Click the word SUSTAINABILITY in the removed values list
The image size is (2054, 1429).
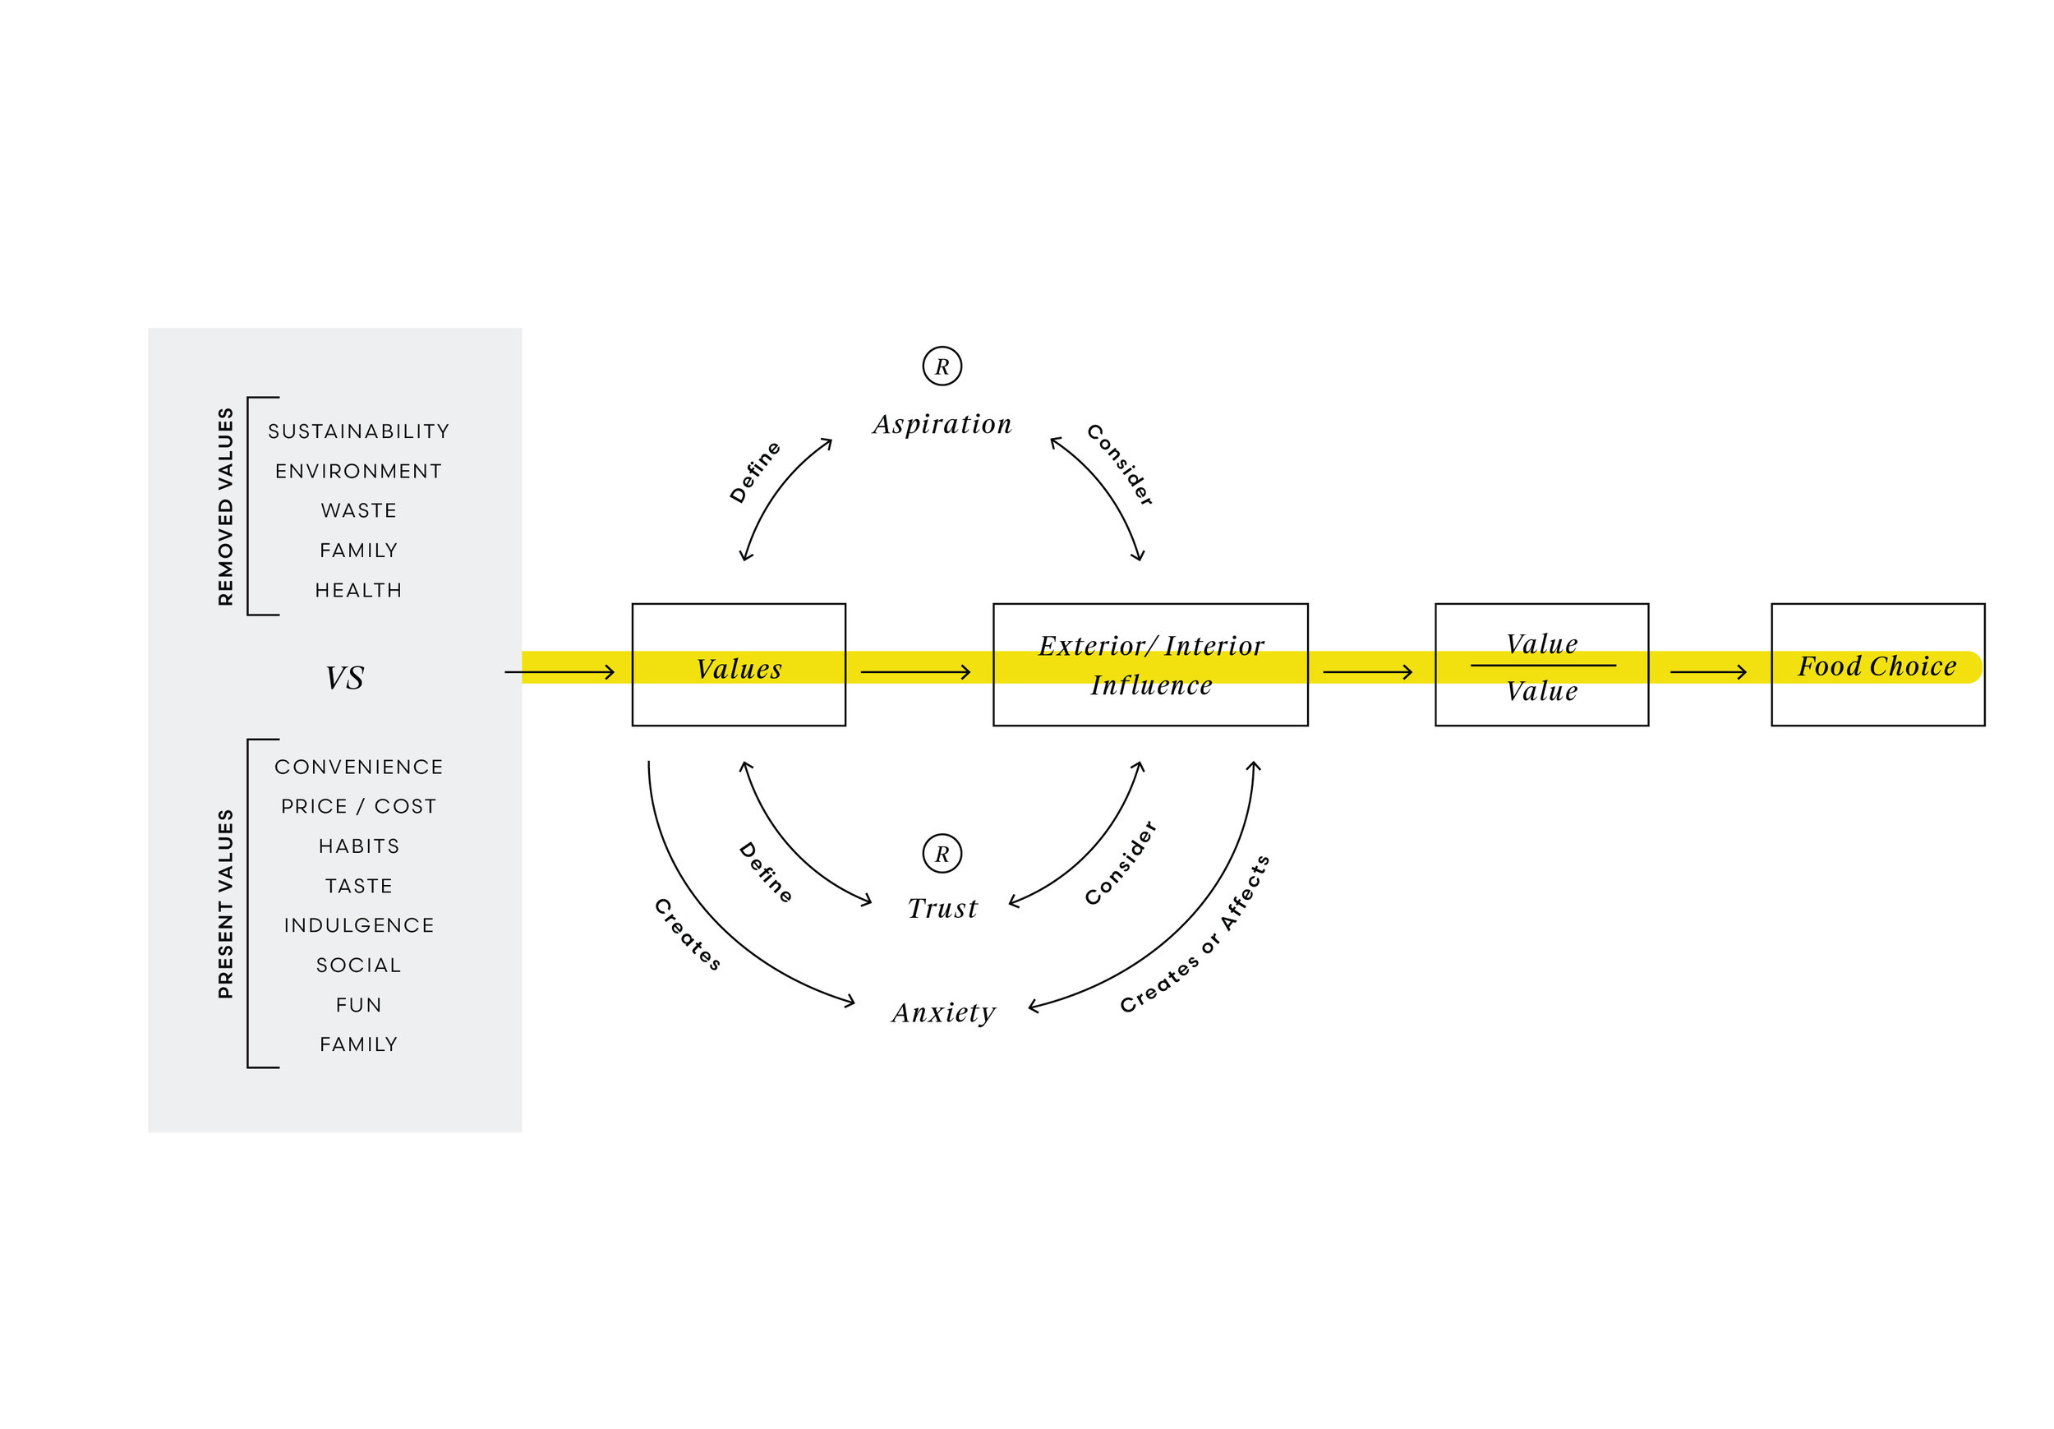click(x=358, y=431)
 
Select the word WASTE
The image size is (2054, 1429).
click(x=358, y=511)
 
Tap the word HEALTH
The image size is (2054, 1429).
click(x=358, y=591)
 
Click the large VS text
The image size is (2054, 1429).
click(x=344, y=677)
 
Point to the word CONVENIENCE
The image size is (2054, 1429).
click(x=358, y=767)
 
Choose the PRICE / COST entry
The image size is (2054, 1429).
click(x=358, y=806)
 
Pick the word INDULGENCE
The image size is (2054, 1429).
click(x=358, y=925)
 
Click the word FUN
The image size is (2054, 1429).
click(x=358, y=1005)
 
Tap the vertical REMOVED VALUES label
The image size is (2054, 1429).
click(x=225, y=506)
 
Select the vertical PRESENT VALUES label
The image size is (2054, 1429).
click(x=225, y=904)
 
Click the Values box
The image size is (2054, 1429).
click(x=738, y=665)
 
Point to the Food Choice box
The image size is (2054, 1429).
click(x=1877, y=665)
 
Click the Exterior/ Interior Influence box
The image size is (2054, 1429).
click(x=1150, y=665)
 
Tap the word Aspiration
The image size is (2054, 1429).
click(x=942, y=424)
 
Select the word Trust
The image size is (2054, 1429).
click(x=942, y=908)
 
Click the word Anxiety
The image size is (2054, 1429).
click(x=943, y=1012)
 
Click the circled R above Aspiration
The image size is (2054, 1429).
click(x=942, y=366)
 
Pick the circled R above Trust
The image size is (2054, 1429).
click(x=942, y=854)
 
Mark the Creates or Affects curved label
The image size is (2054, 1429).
click(x=1195, y=934)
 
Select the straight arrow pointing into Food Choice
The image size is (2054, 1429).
click(x=1708, y=672)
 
